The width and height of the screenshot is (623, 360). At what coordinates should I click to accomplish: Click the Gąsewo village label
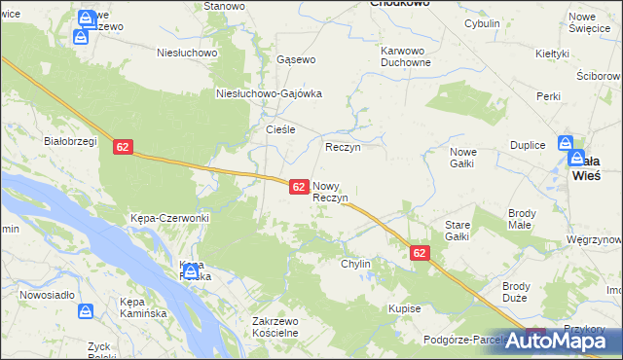click(296, 59)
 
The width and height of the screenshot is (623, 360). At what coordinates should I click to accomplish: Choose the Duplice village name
click(527, 144)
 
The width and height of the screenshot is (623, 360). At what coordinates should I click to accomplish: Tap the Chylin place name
click(355, 264)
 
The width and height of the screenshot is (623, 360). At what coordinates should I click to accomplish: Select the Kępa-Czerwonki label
click(170, 218)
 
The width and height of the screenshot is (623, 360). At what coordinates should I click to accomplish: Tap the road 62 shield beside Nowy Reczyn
click(300, 185)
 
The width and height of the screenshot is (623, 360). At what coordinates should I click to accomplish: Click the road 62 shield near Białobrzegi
click(122, 147)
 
